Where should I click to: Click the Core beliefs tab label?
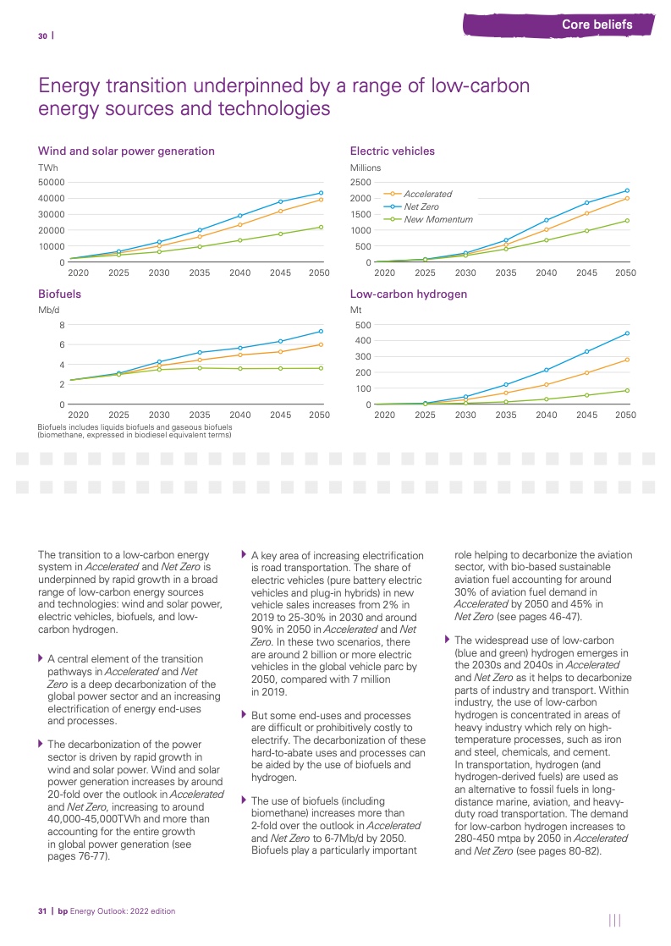click(597, 25)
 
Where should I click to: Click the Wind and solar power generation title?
click(126, 151)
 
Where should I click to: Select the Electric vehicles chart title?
click(392, 151)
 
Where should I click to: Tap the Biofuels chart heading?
click(59, 295)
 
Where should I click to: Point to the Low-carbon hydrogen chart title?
click(408, 295)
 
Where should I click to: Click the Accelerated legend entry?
click(427, 194)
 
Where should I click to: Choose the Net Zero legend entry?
click(421, 206)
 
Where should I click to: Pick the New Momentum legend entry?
click(437, 219)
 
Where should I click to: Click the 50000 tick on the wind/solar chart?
click(51, 182)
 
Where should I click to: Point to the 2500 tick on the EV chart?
click(361, 182)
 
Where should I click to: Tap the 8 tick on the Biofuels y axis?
click(62, 325)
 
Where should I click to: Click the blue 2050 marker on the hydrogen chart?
click(626, 333)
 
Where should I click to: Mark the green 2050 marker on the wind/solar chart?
click(320, 227)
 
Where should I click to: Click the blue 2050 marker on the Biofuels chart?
click(320, 331)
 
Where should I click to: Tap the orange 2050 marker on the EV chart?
click(626, 198)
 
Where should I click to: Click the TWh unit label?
click(47, 168)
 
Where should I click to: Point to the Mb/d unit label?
click(48, 311)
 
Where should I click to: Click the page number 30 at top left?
click(42, 36)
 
